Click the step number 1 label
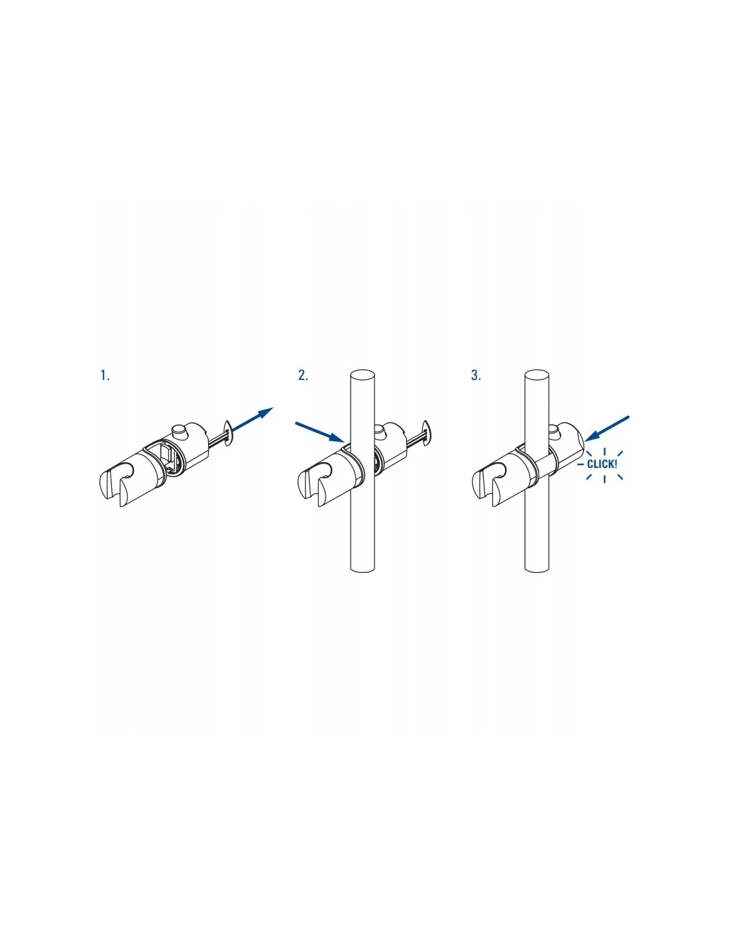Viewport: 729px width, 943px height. tap(105, 375)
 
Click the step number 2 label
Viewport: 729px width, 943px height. tap(303, 375)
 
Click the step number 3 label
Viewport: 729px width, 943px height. tap(476, 375)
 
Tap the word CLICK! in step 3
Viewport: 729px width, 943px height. tap(602, 464)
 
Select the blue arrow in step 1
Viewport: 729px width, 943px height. tap(251, 420)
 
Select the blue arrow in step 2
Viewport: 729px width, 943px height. tap(320, 432)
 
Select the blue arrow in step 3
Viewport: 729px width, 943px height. tap(606, 429)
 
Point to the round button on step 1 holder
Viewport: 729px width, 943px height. tap(178, 432)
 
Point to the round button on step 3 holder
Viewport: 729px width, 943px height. tap(554, 430)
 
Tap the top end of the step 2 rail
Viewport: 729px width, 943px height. tap(362, 374)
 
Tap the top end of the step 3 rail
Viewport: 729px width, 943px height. tap(537, 374)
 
